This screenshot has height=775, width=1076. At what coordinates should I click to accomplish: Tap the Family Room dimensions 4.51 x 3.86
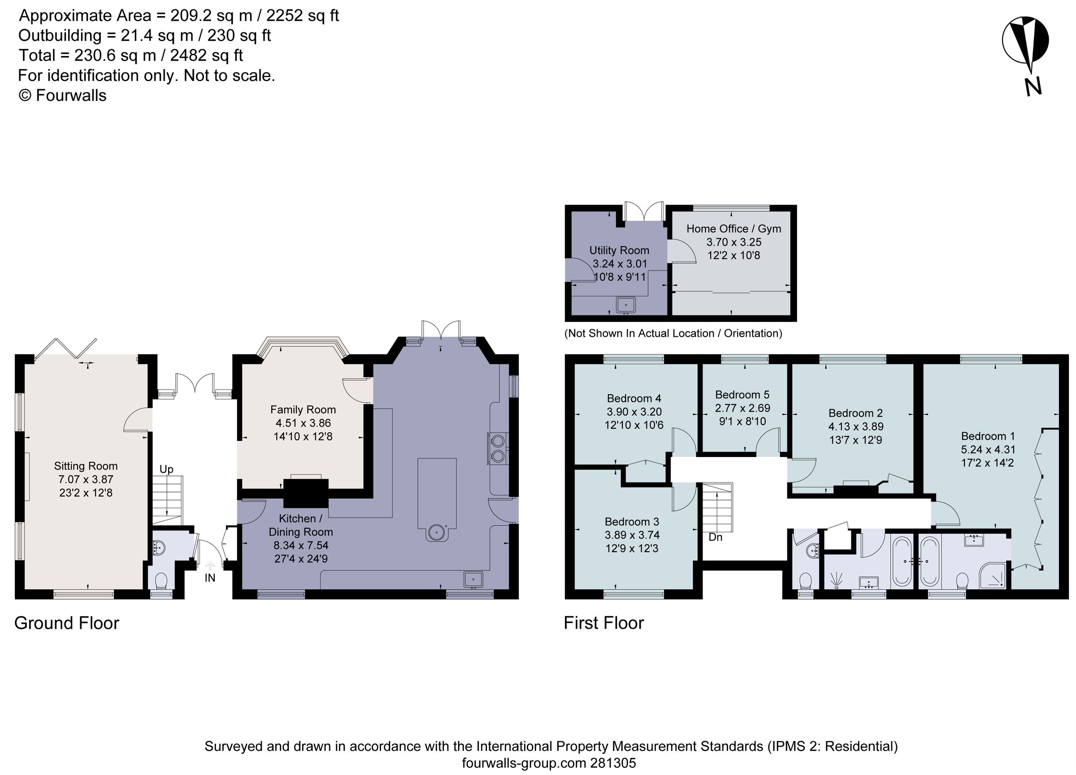pos(303,423)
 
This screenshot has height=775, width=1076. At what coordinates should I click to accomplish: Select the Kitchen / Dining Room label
pos(301,525)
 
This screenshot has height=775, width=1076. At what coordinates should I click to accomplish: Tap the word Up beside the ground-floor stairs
pos(166,470)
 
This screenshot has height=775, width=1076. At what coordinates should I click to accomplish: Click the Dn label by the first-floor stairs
pos(716,537)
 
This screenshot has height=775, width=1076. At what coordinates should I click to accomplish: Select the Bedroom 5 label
pos(742,395)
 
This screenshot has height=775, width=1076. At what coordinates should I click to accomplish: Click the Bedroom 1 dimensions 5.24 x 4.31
pos(988,449)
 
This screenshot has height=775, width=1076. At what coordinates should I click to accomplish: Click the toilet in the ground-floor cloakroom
pos(161,580)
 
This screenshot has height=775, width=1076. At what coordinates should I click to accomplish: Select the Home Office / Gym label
pos(733,229)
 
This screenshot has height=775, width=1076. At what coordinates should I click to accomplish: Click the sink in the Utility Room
pos(626,305)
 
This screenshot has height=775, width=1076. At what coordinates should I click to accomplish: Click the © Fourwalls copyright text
pos(62,96)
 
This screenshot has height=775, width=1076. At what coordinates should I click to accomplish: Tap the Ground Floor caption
pos(66,623)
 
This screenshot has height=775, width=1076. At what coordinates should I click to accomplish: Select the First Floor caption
pos(603,623)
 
